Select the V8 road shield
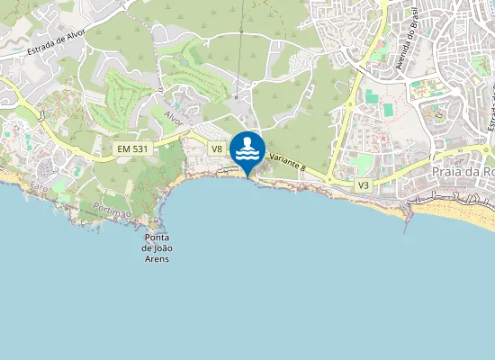[x=217, y=148]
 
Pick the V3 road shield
[x=364, y=184]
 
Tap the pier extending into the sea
[x=408, y=212]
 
